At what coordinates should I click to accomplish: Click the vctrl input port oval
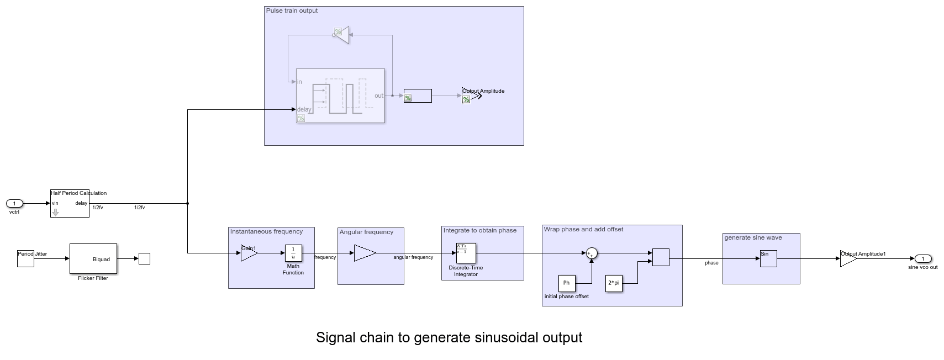[14, 204]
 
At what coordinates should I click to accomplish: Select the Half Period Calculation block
[70, 203]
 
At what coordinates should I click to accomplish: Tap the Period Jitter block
[25, 258]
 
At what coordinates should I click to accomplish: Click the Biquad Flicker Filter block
[93, 258]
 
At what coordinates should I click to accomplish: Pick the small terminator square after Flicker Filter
[144, 258]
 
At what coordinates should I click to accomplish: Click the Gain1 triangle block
[249, 253]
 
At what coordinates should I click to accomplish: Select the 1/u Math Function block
[293, 253]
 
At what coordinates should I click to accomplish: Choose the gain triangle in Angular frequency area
[364, 253]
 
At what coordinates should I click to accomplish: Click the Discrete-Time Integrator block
[466, 253]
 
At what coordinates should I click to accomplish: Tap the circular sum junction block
[592, 253]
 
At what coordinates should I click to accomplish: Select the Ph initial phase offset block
[567, 283]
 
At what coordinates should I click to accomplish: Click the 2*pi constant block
[614, 283]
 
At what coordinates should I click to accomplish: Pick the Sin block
[768, 258]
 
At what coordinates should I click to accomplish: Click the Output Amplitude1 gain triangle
[847, 258]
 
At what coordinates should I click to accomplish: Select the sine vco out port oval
[923, 258]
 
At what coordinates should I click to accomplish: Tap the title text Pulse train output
[292, 10]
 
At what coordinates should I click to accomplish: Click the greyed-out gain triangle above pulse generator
[341, 35]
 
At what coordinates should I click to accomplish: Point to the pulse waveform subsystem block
[340, 96]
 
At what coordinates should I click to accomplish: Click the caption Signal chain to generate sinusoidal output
[449, 337]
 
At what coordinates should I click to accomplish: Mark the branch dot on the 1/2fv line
[188, 203]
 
